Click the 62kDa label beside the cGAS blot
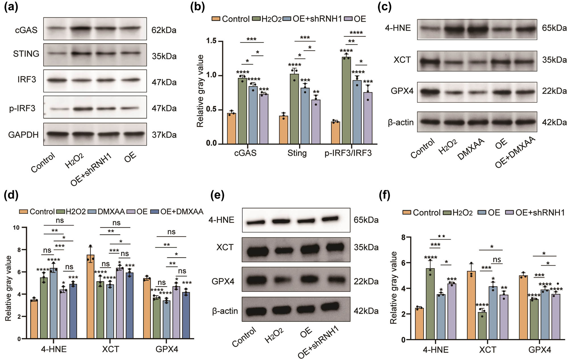164,30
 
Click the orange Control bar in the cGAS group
231,128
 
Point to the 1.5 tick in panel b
211,41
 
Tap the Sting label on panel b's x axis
297,153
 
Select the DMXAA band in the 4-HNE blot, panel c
477,29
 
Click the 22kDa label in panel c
554,91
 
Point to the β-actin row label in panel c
401,122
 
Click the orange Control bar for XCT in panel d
90,296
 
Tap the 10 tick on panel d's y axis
16,227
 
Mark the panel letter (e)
217,195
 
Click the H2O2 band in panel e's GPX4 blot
282,281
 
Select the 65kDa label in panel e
366,220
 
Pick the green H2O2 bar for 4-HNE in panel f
430,304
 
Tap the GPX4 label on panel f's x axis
540,349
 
